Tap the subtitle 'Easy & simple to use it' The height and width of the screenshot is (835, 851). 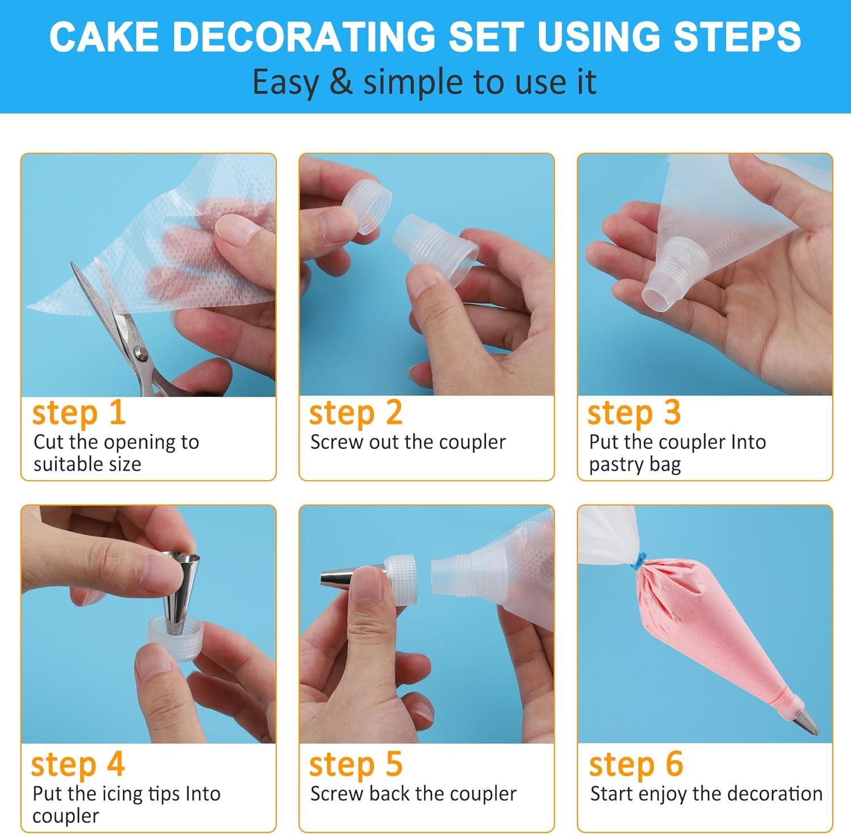pos(424,82)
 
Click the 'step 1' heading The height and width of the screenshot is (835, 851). pos(78,413)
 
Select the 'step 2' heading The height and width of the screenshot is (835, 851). pos(356,413)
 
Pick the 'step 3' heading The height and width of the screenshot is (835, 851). pos(634,413)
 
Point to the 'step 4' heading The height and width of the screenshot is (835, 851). pos(78,764)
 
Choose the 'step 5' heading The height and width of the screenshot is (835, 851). pos(356,764)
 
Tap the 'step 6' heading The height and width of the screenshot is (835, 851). pos(636,764)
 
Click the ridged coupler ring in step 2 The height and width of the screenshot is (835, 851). pos(366,207)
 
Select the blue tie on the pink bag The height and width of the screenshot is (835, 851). pos(639,561)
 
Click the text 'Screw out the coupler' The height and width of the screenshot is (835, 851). pos(407,442)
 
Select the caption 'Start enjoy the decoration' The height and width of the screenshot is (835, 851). pos(706,794)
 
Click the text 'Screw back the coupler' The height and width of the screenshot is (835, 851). pos(413,794)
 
